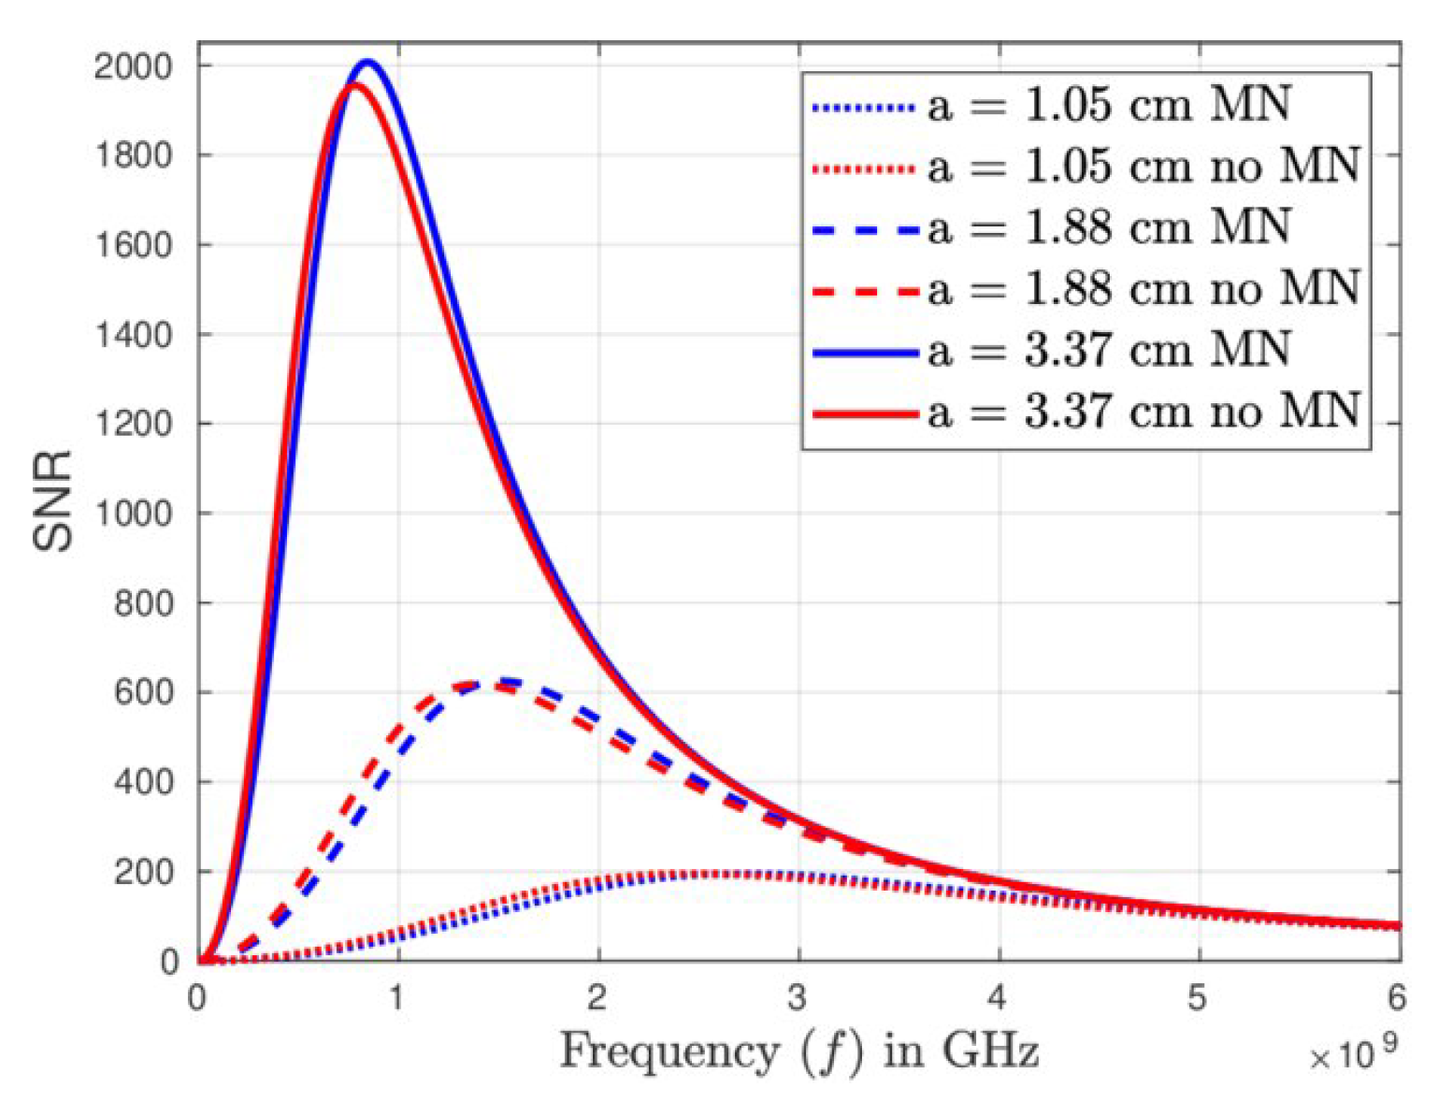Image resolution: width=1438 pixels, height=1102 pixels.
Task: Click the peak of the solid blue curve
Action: pyautogui.click(x=367, y=63)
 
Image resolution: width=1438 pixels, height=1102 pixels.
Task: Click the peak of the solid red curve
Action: pyautogui.click(x=354, y=86)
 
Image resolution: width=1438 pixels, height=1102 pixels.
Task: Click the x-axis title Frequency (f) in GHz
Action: pyautogui.click(x=798, y=1051)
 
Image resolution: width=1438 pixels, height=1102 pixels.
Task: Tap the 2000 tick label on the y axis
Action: pyautogui.click(x=133, y=66)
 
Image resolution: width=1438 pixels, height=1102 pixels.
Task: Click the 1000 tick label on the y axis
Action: pyautogui.click(x=133, y=514)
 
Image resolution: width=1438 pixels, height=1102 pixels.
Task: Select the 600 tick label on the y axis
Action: pyautogui.click(x=143, y=692)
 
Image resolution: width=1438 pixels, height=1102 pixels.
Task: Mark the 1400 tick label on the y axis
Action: pyautogui.click(x=133, y=335)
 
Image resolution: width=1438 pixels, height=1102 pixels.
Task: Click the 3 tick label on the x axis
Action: pyautogui.click(x=797, y=998)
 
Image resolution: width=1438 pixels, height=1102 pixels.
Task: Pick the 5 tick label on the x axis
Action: pyautogui.click(x=1198, y=998)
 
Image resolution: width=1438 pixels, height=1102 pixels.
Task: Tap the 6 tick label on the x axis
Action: pyautogui.click(x=1396, y=998)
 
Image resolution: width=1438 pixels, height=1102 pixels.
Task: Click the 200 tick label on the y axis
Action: pyautogui.click(x=143, y=872)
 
